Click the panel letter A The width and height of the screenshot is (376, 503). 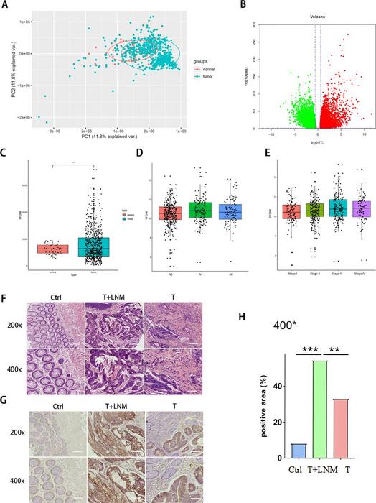coord(6,6)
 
